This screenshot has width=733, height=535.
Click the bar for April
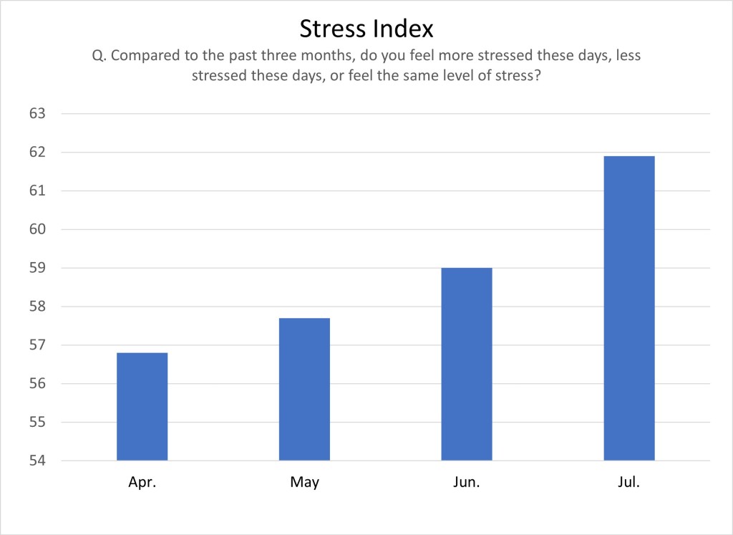(x=142, y=406)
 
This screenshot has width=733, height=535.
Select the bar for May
(x=304, y=389)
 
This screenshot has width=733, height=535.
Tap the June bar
(x=467, y=364)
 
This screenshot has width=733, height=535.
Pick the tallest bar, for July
(x=629, y=308)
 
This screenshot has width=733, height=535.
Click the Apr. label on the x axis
(x=142, y=482)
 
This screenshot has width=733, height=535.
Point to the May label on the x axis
(x=304, y=482)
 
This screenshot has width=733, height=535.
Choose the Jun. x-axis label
(x=467, y=482)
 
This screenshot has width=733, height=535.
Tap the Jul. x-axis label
(x=629, y=482)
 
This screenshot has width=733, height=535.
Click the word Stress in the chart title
(x=333, y=29)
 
